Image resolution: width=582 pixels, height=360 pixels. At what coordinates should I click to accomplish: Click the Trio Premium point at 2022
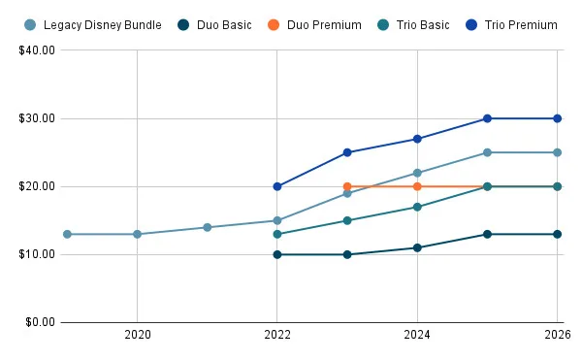click(x=277, y=186)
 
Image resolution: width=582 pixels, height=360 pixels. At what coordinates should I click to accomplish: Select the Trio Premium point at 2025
click(x=487, y=118)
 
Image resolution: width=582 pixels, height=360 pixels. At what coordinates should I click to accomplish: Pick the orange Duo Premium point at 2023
click(x=347, y=186)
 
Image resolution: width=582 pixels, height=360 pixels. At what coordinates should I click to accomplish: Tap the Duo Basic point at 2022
click(x=277, y=254)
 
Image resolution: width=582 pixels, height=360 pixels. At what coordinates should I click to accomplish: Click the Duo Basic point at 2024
click(x=417, y=247)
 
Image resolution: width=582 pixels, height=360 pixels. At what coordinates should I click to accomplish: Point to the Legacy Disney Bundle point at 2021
click(x=208, y=227)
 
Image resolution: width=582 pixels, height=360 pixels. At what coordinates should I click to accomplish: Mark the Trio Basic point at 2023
click(x=347, y=220)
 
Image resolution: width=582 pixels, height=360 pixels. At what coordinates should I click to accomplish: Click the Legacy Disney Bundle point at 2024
click(x=417, y=173)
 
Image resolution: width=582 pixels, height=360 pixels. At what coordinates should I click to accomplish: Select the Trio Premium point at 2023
click(x=347, y=152)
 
